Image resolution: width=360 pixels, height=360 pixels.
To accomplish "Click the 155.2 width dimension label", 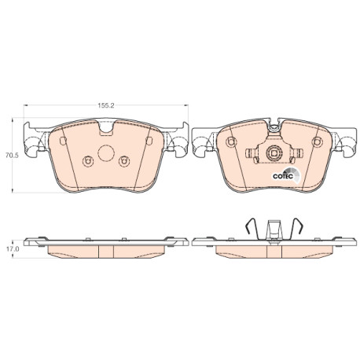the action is click(x=106, y=105).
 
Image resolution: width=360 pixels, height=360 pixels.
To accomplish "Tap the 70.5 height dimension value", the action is click(x=13, y=156).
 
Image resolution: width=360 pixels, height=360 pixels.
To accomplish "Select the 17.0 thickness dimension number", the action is click(x=13, y=249).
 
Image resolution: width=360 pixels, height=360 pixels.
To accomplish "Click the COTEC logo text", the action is click(x=283, y=176).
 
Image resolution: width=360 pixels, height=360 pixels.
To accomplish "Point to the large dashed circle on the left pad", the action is click(x=106, y=153).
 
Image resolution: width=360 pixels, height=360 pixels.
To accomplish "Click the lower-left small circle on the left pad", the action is click(x=88, y=161).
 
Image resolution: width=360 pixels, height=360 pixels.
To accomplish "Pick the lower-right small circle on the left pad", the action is click(x=124, y=161).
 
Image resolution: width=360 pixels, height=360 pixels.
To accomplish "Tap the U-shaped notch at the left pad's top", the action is click(x=106, y=127).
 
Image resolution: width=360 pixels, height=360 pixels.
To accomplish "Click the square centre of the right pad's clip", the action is click(x=274, y=153).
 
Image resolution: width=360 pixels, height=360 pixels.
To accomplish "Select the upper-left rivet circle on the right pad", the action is click(x=231, y=141).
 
